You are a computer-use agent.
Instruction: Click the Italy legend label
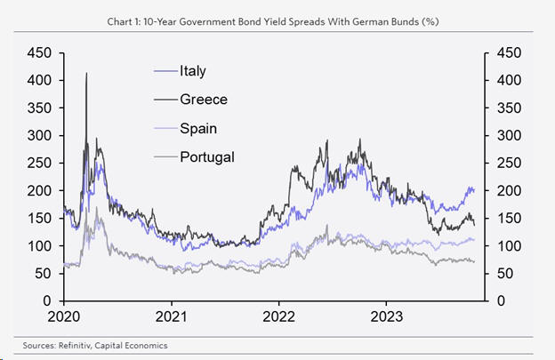(x=197, y=71)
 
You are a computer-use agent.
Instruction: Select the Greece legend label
(x=204, y=100)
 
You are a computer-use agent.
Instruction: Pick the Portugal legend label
(x=207, y=157)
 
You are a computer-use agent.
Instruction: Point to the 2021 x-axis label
(x=171, y=316)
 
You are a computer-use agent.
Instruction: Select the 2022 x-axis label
(x=279, y=316)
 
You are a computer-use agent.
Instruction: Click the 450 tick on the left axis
(x=38, y=53)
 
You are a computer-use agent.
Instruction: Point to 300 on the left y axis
(x=38, y=136)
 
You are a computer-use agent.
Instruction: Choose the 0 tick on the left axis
(x=46, y=300)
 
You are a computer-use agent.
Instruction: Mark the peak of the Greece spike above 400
(x=86, y=74)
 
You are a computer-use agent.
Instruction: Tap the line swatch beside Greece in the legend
(x=165, y=100)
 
